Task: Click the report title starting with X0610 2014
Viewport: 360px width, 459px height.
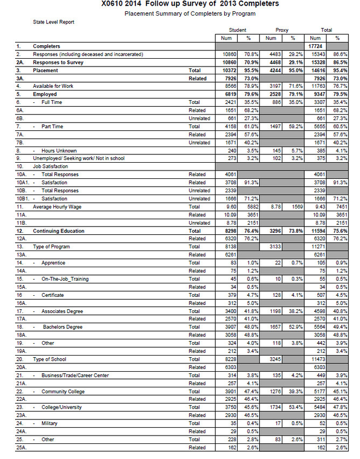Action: [x=190, y=4]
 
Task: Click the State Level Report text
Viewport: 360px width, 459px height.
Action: [x=53, y=22]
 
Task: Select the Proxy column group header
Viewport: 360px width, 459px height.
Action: [x=282, y=30]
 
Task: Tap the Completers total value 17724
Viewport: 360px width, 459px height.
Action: [x=316, y=46]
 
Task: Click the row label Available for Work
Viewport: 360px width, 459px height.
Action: [x=53, y=86]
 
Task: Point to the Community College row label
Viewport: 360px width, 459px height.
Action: [x=63, y=391]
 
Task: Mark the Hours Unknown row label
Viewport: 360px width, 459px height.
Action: [x=59, y=150]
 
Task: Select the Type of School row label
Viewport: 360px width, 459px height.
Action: [x=50, y=359]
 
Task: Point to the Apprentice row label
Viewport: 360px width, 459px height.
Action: [x=53, y=263]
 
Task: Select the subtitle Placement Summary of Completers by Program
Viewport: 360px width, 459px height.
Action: [x=190, y=12]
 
